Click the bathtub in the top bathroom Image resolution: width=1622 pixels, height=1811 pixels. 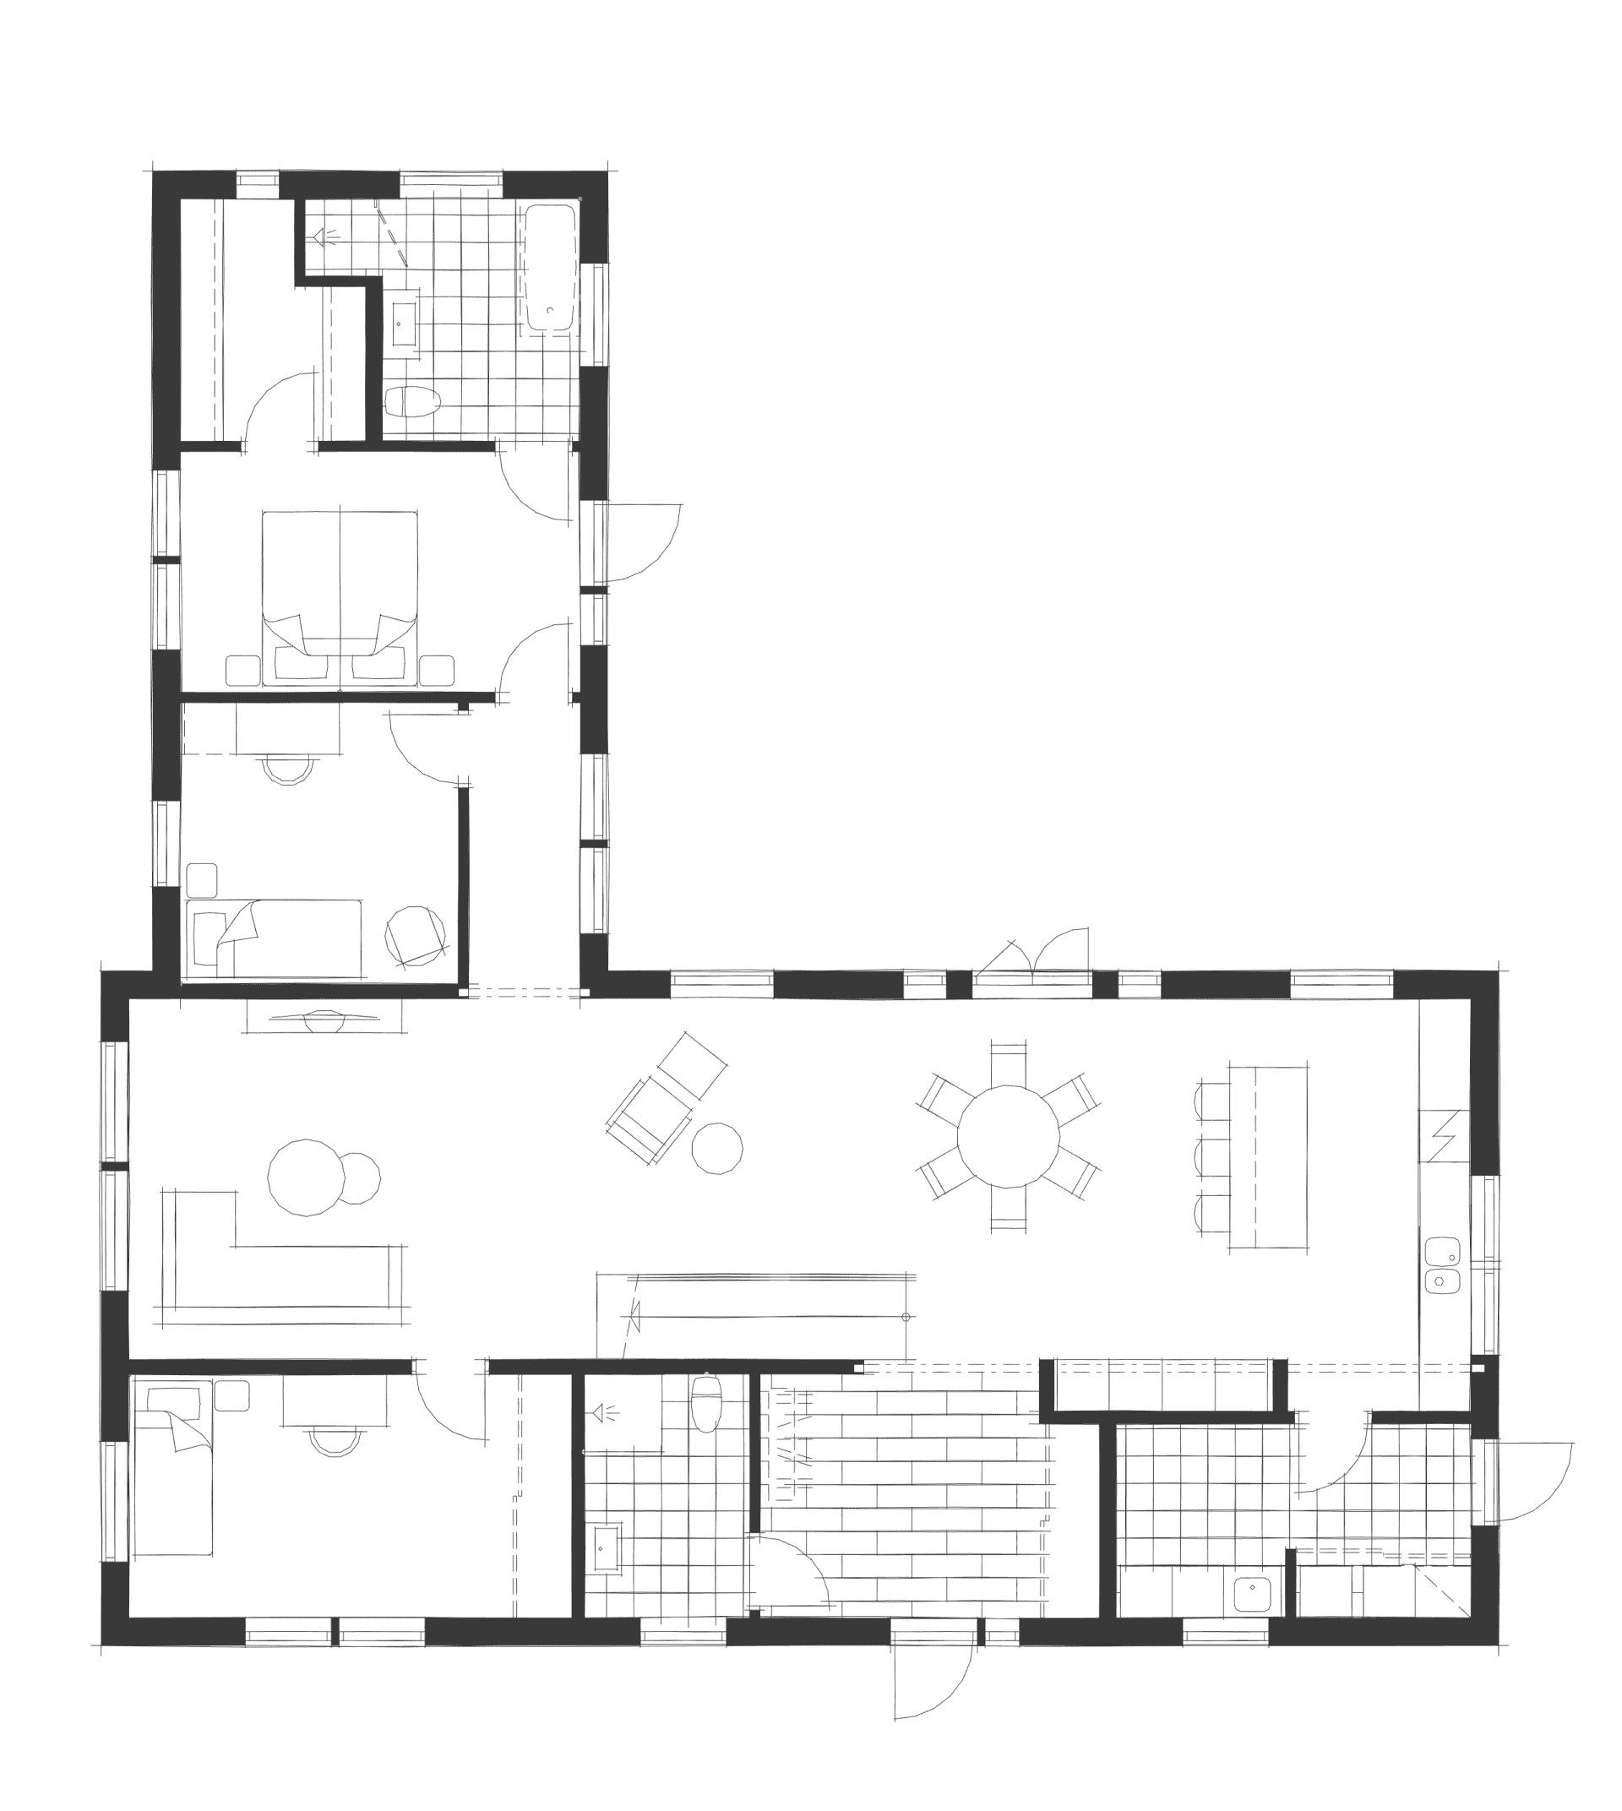click(x=549, y=269)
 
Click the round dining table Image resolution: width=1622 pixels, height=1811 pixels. click(x=1008, y=1136)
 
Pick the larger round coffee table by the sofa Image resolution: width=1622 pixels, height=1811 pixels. click(x=306, y=1177)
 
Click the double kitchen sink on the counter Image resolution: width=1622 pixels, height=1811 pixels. click(x=1441, y=1264)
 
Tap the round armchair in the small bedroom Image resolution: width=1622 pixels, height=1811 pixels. click(x=415, y=935)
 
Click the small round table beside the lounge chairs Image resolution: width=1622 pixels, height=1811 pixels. click(x=717, y=1148)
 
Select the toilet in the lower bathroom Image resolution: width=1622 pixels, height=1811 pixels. click(x=706, y=1406)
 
